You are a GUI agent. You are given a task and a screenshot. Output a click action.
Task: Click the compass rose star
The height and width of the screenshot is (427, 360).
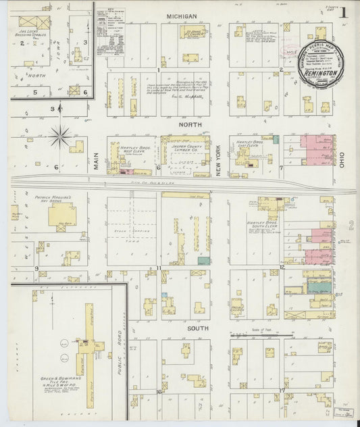pyautogui.click(x=61, y=137)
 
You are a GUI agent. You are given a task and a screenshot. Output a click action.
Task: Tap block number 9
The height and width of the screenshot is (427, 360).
pyautogui.click(x=36, y=268)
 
